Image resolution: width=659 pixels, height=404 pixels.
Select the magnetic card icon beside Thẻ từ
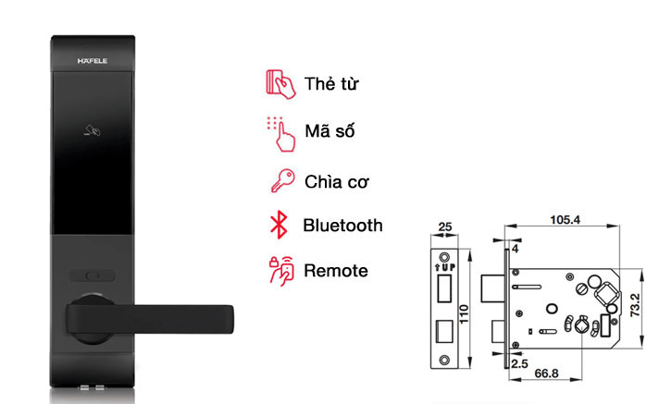coord(279,83)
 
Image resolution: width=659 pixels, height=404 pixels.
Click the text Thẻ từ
coord(330,84)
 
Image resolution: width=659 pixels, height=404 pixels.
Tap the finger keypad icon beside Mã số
coord(280,131)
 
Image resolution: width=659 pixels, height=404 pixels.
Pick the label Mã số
coord(329,131)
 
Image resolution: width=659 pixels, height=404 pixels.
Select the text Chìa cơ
coord(337,179)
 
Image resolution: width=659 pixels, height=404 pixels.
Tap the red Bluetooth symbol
coord(277,225)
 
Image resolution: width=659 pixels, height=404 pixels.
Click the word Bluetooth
coord(342,225)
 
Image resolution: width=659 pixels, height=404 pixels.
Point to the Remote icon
coord(280,271)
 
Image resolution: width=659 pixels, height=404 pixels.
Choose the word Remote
coord(335,271)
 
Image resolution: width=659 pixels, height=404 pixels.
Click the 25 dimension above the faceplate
coord(444,225)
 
